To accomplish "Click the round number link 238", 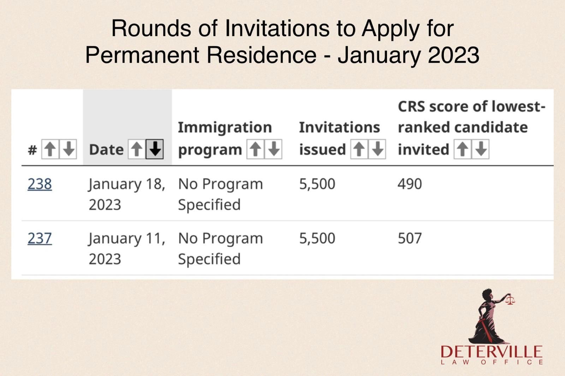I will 40,184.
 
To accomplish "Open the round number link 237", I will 40,239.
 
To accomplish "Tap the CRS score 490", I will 410,184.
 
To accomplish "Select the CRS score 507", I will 410,239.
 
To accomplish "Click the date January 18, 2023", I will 126,194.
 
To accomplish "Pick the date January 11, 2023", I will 126,248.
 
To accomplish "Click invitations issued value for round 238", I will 317,184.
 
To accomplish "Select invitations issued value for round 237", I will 317,239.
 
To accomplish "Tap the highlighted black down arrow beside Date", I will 155,149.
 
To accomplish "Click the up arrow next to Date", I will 137,149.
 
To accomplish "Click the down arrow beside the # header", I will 69,149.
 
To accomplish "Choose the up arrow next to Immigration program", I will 255,149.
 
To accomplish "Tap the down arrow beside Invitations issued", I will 377,149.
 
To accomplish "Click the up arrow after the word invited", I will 462,149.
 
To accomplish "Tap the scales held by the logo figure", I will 510,300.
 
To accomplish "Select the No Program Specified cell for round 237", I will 220,248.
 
